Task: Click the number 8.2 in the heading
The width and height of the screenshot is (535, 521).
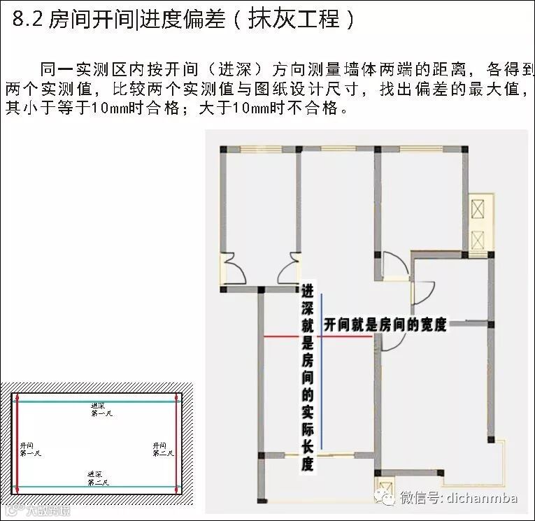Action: [28, 19]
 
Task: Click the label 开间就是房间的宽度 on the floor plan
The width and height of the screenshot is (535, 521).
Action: [385, 325]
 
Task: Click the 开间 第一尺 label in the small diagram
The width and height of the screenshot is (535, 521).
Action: [31, 449]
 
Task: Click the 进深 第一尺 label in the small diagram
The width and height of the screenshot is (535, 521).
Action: [100, 410]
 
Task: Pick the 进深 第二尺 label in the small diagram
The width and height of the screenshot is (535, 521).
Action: [97, 478]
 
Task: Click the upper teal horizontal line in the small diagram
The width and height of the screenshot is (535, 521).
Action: [98, 401]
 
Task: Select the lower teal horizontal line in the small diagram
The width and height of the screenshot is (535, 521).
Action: [98, 487]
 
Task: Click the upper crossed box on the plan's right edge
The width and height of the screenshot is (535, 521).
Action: [480, 209]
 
